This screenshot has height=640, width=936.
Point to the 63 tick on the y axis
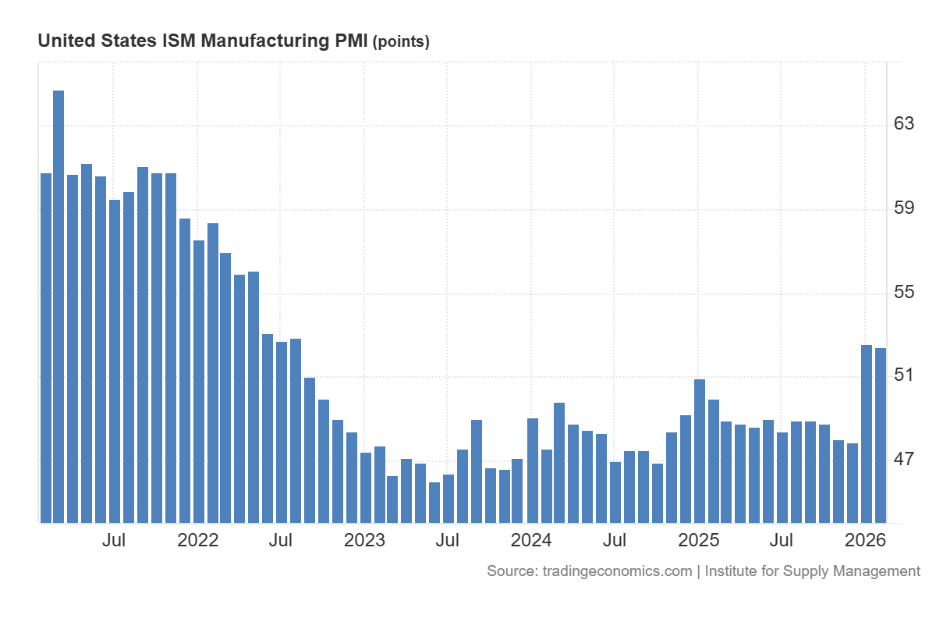pos(903,124)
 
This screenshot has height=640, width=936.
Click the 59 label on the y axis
pos(903,208)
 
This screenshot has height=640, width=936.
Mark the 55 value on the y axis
pos(903,293)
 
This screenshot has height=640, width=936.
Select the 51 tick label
pos(903,375)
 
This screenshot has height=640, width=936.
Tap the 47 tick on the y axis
pos(903,460)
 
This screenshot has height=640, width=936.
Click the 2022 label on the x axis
pos(198,540)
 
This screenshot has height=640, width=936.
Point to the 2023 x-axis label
pos(365,540)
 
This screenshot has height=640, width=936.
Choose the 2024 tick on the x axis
pos(531,540)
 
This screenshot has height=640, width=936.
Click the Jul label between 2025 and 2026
pos(782,540)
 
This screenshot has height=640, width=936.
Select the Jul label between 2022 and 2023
pos(281,540)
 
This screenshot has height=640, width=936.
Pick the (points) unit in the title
pos(402,42)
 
